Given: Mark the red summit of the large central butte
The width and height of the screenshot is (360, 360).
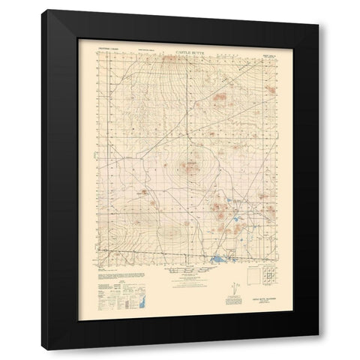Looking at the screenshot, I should (189, 165).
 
